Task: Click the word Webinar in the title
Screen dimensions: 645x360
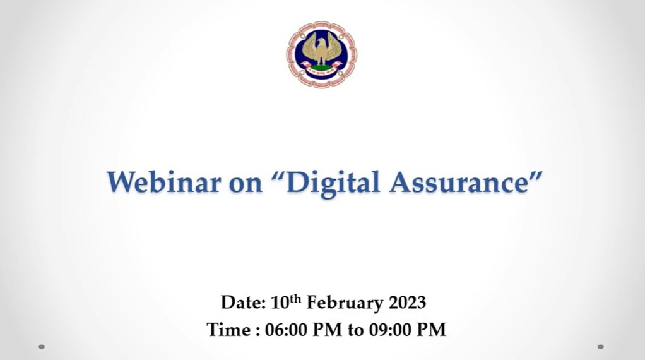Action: (x=163, y=182)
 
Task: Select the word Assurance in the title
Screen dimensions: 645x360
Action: (x=459, y=182)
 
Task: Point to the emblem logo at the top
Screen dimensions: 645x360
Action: (x=322, y=54)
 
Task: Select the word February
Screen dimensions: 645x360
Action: (x=345, y=303)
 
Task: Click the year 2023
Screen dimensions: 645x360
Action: (x=407, y=303)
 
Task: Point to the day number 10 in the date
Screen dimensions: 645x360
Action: (x=280, y=303)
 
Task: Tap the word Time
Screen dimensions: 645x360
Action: (x=228, y=330)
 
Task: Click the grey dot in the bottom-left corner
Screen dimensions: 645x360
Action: (x=42, y=347)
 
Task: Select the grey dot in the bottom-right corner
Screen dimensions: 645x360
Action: (x=601, y=347)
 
